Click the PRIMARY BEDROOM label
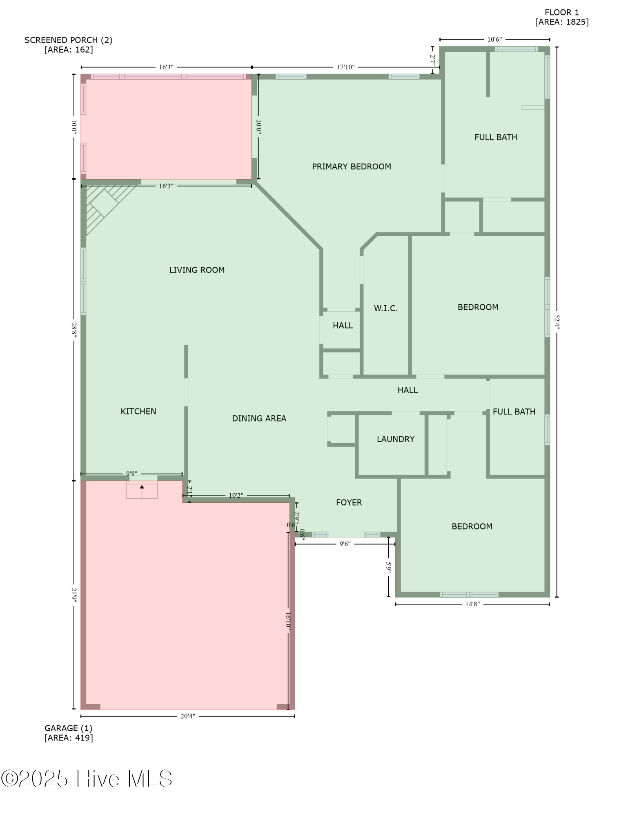point(351,166)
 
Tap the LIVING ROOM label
point(197,270)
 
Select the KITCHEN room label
point(138,411)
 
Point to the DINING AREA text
point(259,418)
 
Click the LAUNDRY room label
point(395,439)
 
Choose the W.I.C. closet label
point(385,308)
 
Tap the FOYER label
point(349,502)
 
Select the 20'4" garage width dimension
point(188,716)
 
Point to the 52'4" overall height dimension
point(557,322)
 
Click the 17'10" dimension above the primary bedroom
point(345,67)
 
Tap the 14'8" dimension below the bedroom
point(472,604)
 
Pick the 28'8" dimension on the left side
point(74,329)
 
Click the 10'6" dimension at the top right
point(494,40)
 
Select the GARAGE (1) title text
point(68,728)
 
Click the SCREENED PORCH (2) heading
point(68,40)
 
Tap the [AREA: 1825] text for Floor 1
point(562,22)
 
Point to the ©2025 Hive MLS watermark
point(87,778)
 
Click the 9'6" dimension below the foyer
point(345,544)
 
